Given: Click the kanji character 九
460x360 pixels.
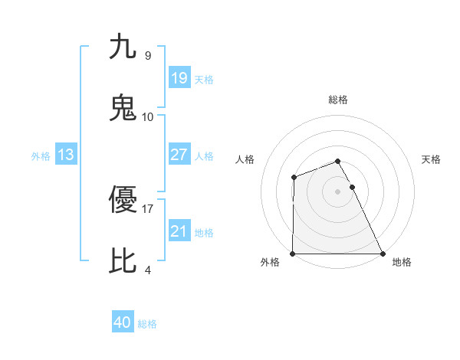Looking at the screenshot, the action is tap(123, 47).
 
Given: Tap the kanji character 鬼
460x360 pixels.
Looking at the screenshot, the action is tap(123, 108).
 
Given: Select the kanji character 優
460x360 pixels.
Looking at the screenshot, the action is tap(123, 200).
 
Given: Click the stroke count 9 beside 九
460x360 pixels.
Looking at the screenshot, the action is tap(147, 56).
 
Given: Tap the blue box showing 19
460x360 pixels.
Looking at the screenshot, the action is tap(179, 78).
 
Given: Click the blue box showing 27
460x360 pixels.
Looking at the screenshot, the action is tap(179, 155).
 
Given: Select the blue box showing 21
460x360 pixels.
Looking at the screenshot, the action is tap(179, 231).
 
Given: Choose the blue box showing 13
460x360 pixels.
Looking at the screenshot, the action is tap(65, 155).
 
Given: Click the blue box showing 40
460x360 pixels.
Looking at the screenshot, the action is tap(123, 322).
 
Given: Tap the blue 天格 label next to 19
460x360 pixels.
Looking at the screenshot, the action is tap(204, 80).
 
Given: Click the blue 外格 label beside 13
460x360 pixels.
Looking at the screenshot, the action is tap(41, 156).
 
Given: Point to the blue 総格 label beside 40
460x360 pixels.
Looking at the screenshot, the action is tap(147, 324).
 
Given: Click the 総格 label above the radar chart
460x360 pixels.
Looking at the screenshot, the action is tap(338, 100).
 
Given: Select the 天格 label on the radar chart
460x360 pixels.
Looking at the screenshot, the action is tap(431, 159).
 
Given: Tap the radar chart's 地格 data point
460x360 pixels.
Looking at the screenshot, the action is tap(382, 254).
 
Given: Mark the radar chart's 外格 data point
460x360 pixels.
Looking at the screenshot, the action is tap(293, 254).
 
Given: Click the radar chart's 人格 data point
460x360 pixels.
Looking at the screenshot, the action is tap(294, 178).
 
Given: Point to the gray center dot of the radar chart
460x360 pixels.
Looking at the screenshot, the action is tap(337, 191).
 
